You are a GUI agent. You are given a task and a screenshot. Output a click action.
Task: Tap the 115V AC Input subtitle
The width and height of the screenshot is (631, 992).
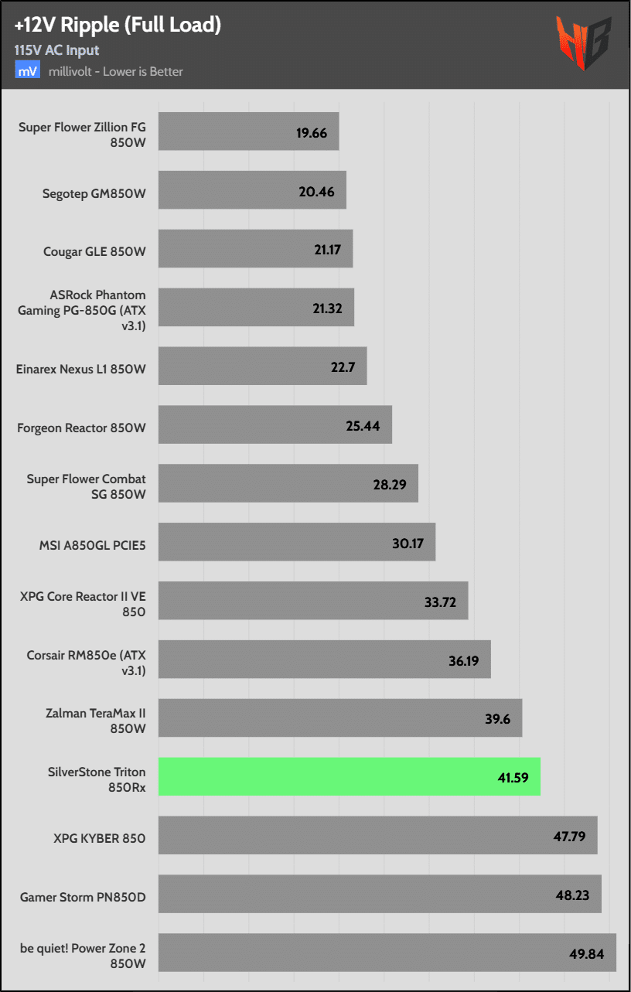click(56, 50)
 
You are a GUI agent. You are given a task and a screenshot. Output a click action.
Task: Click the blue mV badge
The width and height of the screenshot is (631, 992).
click(26, 71)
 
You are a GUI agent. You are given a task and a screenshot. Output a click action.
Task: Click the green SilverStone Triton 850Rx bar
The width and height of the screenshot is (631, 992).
click(349, 777)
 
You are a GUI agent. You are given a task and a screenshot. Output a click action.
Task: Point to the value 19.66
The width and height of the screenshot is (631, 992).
click(312, 133)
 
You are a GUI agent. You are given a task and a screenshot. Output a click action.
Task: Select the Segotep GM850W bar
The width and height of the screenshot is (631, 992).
click(252, 192)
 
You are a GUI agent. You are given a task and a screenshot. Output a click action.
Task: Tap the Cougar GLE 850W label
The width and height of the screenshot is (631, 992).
click(95, 251)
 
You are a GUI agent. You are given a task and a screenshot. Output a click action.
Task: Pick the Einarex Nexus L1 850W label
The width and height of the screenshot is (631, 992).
click(81, 369)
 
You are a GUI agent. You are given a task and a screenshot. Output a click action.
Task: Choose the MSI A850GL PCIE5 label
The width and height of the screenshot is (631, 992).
click(93, 545)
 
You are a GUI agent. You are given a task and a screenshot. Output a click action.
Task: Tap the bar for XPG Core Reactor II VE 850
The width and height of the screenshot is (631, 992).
click(313, 601)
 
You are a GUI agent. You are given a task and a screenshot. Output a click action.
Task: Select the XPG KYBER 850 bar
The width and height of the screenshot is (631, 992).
click(377, 836)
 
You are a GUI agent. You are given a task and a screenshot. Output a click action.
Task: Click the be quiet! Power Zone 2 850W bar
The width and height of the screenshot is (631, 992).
click(387, 953)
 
